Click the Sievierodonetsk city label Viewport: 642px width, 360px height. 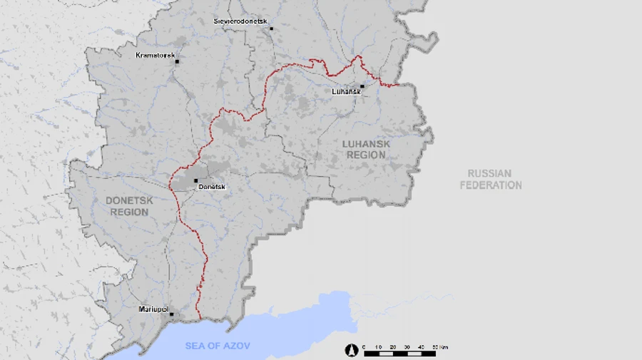pos(240,21)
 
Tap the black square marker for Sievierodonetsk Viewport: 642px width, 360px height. pos(271,29)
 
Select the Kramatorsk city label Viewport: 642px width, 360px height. pos(155,56)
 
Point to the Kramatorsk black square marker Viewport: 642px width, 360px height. pos(177,62)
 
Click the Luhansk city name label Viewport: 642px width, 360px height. pos(346,92)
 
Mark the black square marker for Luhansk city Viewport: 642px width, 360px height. pos(362,86)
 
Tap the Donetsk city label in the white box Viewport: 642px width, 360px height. pos(212,187)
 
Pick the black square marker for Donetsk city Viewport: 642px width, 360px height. pos(195,180)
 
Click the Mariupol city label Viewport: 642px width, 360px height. pos(153,309)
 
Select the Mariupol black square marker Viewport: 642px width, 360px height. pos(171,314)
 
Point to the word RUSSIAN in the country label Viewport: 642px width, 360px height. pos(490,174)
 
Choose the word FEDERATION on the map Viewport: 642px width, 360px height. pos(490,185)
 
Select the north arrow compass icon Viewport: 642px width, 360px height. pos(350,350)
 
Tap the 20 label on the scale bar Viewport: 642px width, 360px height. pos(392,347)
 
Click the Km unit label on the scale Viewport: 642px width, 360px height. pos(444,347)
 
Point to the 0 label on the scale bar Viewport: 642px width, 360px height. pos(364,347)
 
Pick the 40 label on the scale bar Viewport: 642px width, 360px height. pos(421,347)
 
